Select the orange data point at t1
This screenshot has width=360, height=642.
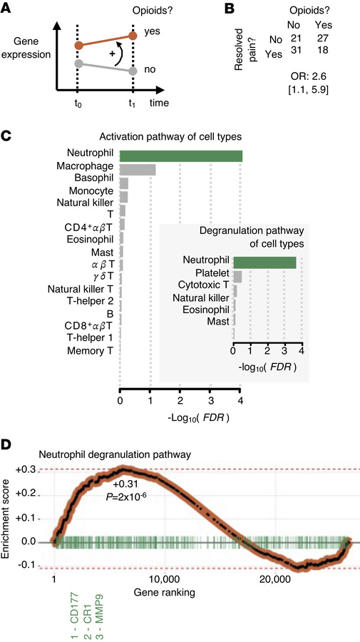click(x=133, y=35)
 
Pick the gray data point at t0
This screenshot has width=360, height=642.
click(x=78, y=64)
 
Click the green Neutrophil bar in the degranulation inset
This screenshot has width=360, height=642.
click(x=264, y=263)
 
